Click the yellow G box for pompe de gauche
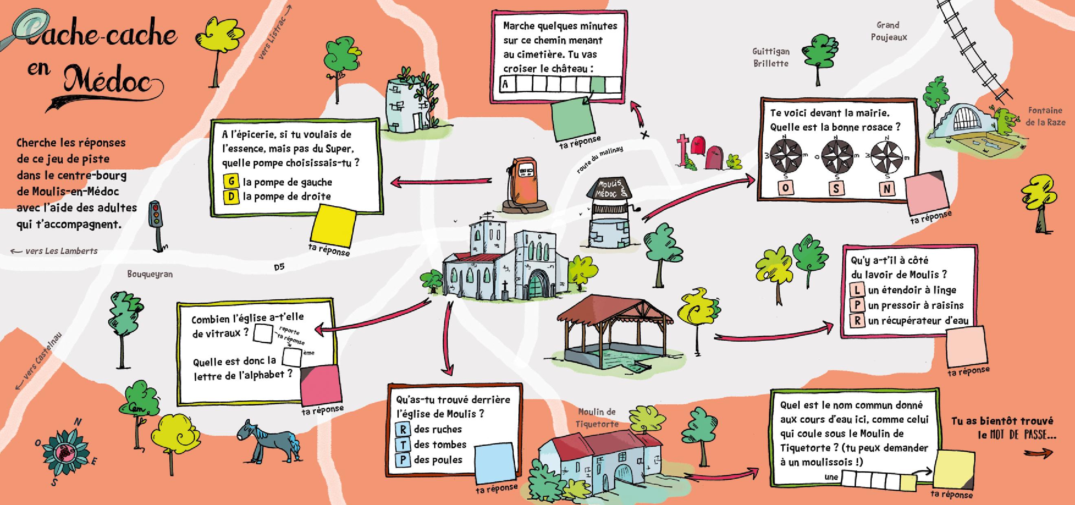(x=231, y=182)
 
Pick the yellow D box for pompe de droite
(x=231, y=197)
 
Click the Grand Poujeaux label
(x=889, y=31)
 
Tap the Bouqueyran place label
(x=150, y=274)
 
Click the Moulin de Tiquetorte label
(x=597, y=418)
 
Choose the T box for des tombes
(x=403, y=444)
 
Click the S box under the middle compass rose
(x=836, y=189)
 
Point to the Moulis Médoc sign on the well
(x=609, y=189)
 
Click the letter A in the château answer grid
(x=505, y=84)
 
